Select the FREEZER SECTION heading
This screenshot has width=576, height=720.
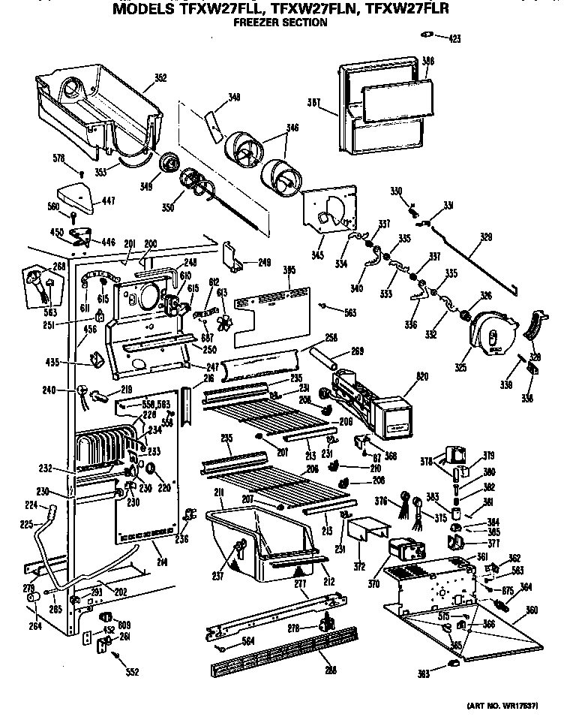[x=280, y=23]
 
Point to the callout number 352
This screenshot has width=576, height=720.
[x=160, y=77]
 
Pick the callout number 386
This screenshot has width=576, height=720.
[x=427, y=61]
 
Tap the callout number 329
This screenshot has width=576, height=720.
[x=486, y=236]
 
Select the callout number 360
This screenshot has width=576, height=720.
[x=532, y=609]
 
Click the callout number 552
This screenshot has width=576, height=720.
[x=132, y=672]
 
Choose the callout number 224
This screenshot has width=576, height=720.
[x=32, y=505]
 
